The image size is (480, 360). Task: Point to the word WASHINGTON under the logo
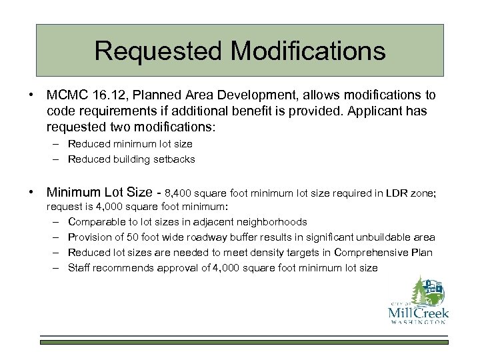[x=418, y=323]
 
